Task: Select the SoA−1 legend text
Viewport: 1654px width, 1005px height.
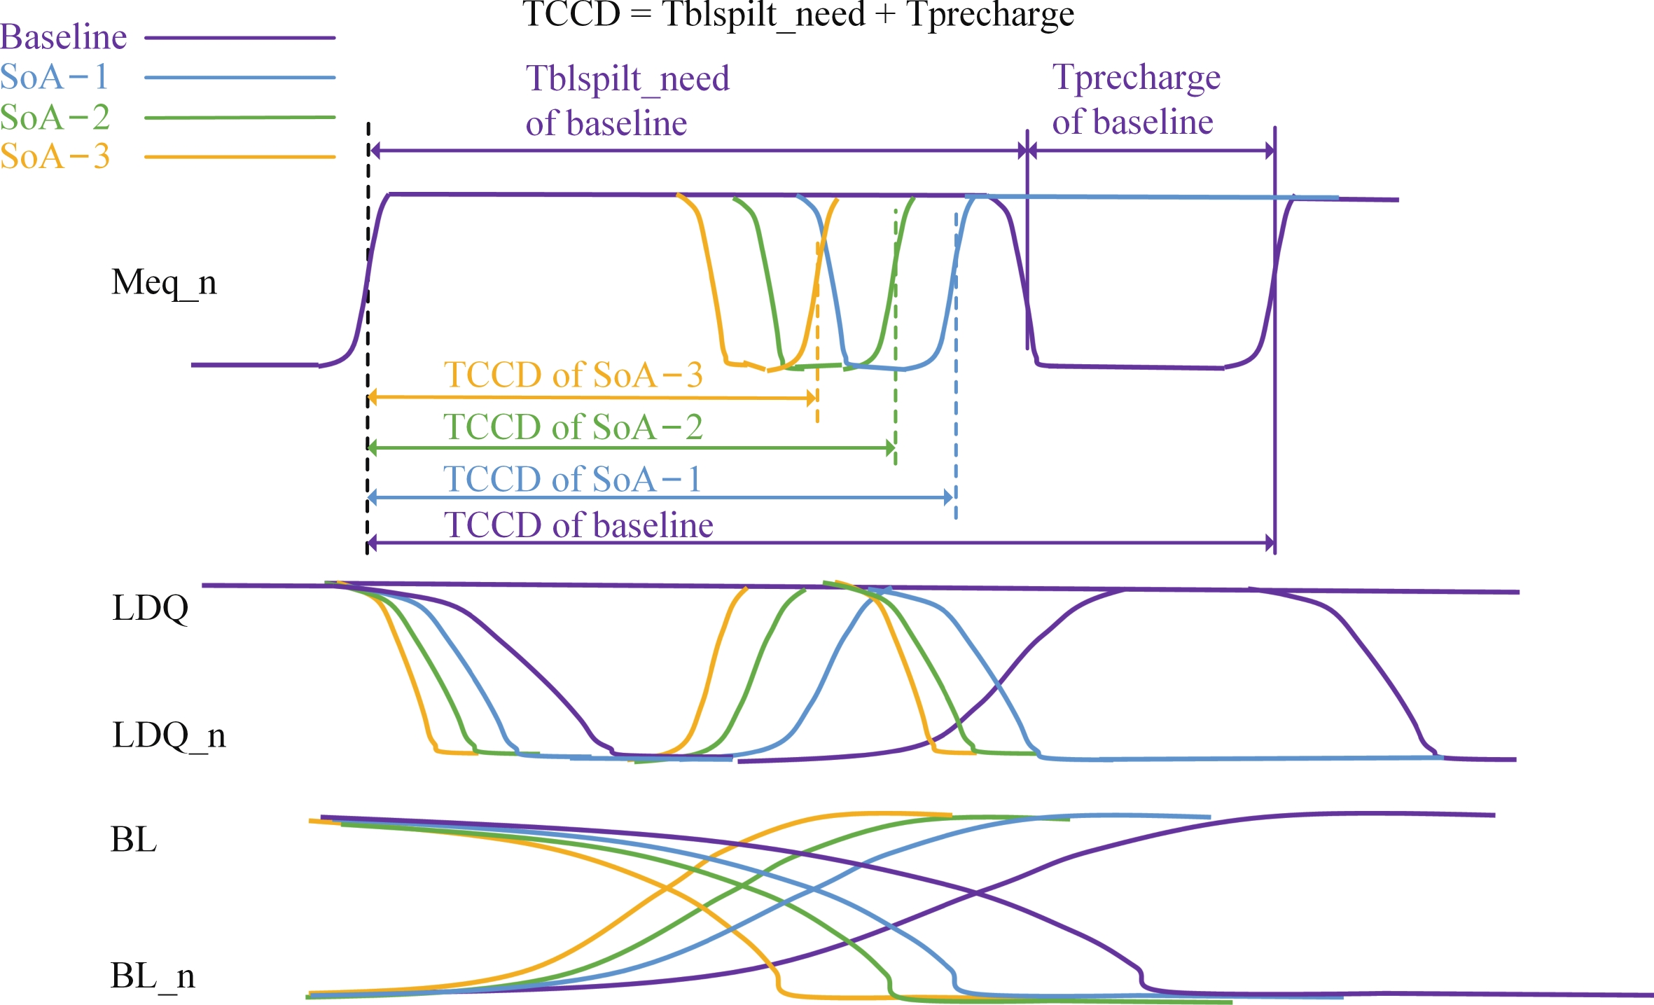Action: coord(54,76)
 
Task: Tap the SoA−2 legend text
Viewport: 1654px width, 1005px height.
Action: coord(55,117)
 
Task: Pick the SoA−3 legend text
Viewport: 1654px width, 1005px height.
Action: coord(55,156)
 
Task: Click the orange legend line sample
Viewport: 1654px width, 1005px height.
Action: coord(239,157)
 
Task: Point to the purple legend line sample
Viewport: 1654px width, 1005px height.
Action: coord(239,37)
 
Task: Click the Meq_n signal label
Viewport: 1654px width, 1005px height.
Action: coord(164,283)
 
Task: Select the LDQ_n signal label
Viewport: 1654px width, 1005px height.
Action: coord(169,735)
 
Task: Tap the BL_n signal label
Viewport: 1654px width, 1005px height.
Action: coord(153,976)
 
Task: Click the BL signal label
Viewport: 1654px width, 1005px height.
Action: coord(134,839)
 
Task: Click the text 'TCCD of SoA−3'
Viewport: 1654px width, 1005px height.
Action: coord(573,375)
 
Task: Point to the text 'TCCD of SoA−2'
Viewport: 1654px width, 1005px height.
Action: coord(573,427)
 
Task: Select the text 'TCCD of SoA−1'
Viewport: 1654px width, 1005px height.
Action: coord(572,480)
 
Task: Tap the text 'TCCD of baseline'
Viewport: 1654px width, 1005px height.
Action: coord(578,525)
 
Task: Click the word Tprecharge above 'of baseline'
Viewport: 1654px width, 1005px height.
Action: coord(1136,78)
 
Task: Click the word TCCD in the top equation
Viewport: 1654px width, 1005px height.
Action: coord(571,14)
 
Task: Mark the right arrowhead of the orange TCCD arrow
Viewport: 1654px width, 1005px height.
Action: coord(812,398)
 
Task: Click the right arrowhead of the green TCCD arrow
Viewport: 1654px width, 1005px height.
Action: coord(890,448)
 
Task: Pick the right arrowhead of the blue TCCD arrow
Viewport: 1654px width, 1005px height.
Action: coord(949,498)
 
